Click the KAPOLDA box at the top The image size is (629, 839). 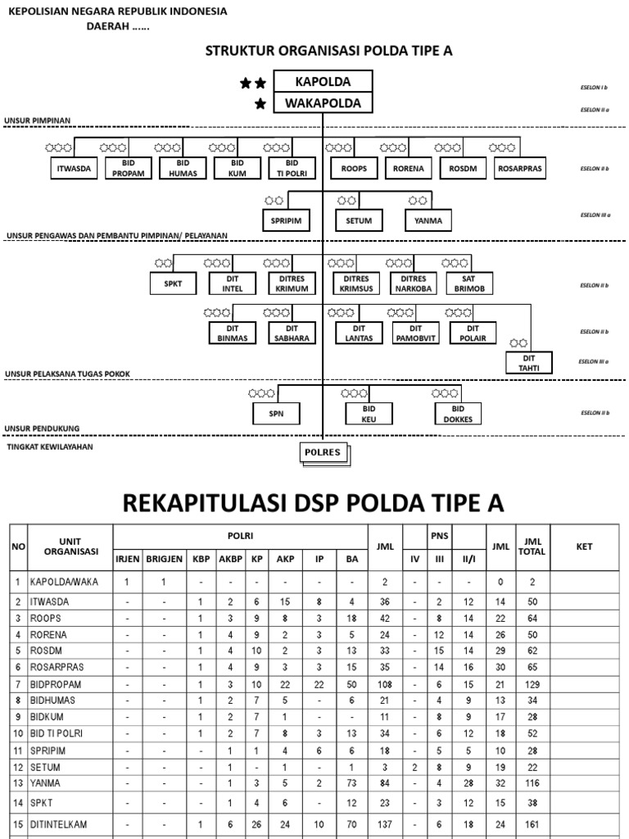point(323,82)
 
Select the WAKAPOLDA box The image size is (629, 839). point(323,103)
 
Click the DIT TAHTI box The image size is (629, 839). point(529,363)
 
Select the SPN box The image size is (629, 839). point(276,414)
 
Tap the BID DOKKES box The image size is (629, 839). point(459,414)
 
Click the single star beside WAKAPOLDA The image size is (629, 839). point(260,104)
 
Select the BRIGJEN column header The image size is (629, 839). point(165,559)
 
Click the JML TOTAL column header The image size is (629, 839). point(532,546)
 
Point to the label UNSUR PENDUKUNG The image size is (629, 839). point(42,429)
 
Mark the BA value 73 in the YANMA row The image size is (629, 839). point(351,782)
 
